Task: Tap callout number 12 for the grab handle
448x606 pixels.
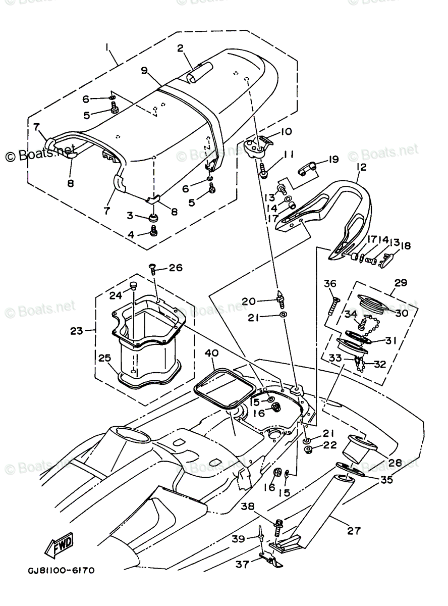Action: (362, 167)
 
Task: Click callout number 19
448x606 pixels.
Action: (332, 160)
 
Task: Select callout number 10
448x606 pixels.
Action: (286, 132)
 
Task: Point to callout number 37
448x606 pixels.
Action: (243, 564)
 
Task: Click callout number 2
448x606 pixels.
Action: (180, 49)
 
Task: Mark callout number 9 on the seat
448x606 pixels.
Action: (144, 70)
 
